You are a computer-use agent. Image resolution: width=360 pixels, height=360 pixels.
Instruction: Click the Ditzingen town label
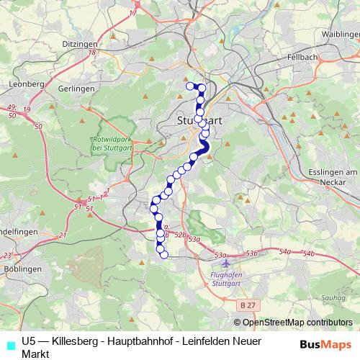(x=79, y=42)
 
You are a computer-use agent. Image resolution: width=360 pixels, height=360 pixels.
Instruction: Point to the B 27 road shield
(x=248, y=305)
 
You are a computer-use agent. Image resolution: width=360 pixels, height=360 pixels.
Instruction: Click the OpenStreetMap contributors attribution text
(x=297, y=323)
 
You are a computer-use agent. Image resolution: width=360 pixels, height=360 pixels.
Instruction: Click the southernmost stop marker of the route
(x=163, y=254)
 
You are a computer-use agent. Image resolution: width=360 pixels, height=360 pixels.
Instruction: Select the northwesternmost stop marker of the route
(x=191, y=86)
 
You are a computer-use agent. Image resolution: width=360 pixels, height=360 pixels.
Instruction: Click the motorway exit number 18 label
(x=92, y=52)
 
